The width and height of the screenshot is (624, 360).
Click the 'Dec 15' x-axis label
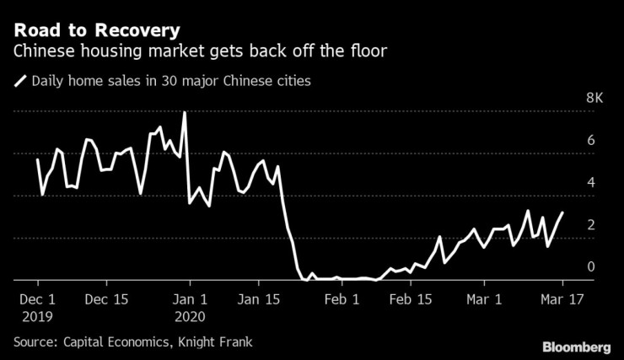coord(107,298)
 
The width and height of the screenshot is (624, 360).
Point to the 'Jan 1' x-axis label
coord(190,298)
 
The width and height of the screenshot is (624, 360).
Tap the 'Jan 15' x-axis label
coord(260,298)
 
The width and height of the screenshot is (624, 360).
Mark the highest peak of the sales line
coord(184,113)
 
